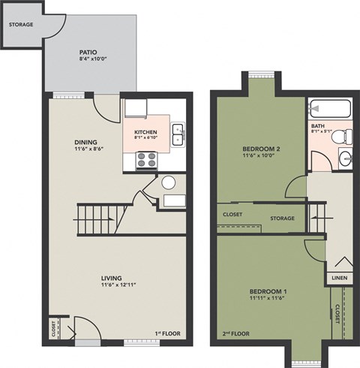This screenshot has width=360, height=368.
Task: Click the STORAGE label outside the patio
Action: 21,25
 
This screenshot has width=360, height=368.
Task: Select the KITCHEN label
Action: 146,132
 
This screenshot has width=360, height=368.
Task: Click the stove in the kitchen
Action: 145,158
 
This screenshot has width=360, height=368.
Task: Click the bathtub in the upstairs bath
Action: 328,107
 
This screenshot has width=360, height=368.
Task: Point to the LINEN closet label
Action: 337,279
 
